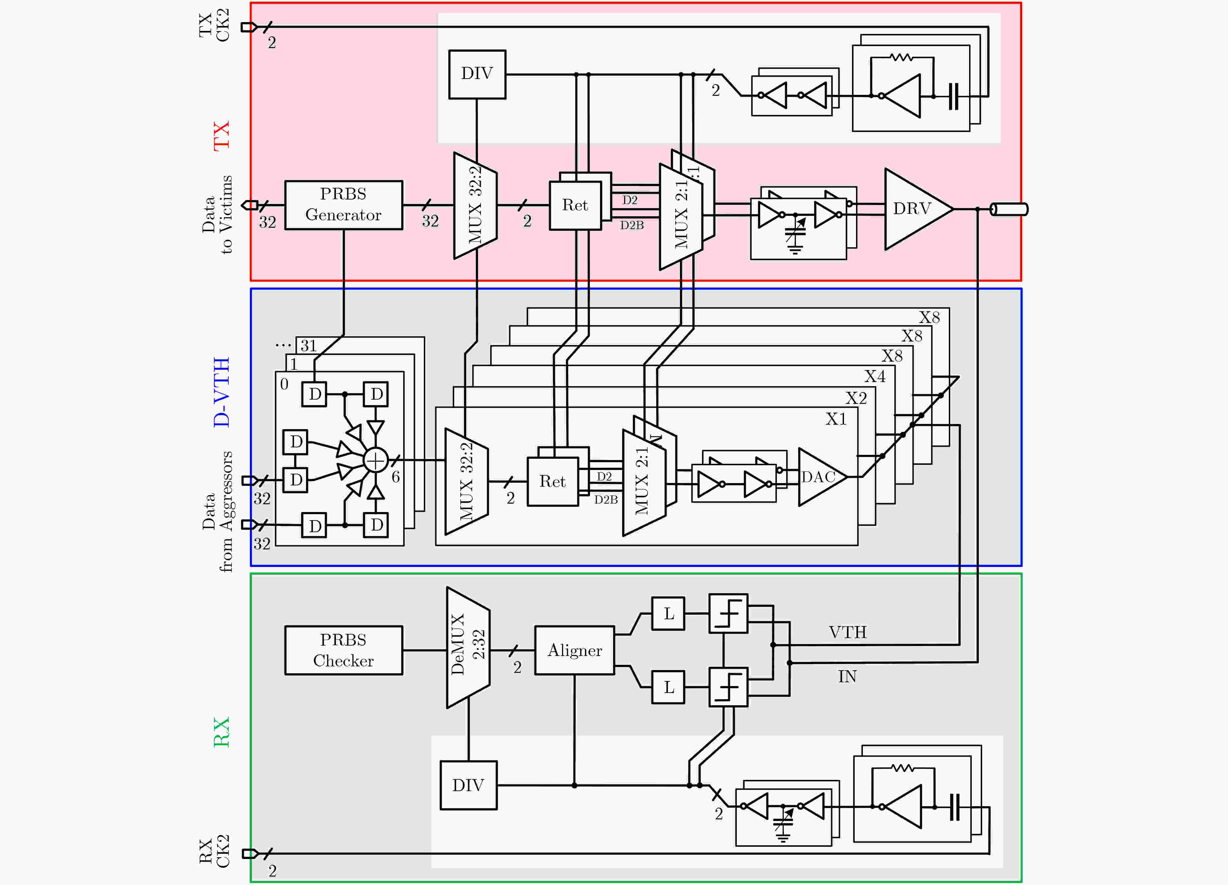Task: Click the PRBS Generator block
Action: pyautogui.click(x=343, y=205)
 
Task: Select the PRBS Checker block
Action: pyautogui.click(x=343, y=650)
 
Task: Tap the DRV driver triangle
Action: pyautogui.click(x=914, y=209)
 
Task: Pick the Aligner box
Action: pyautogui.click(x=574, y=650)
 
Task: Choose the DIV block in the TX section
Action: pyautogui.click(x=477, y=74)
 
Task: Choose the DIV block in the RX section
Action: pyautogui.click(x=468, y=785)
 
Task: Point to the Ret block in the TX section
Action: pyautogui.click(x=575, y=205)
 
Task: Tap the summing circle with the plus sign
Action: pyautogui.click(x=375, y=460)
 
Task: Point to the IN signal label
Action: pyautogui.click(x=847, y=676)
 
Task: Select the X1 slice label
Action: pyautogui.click(x=836, y=419)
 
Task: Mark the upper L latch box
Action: pyautogui.click(x=668, y=614)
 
